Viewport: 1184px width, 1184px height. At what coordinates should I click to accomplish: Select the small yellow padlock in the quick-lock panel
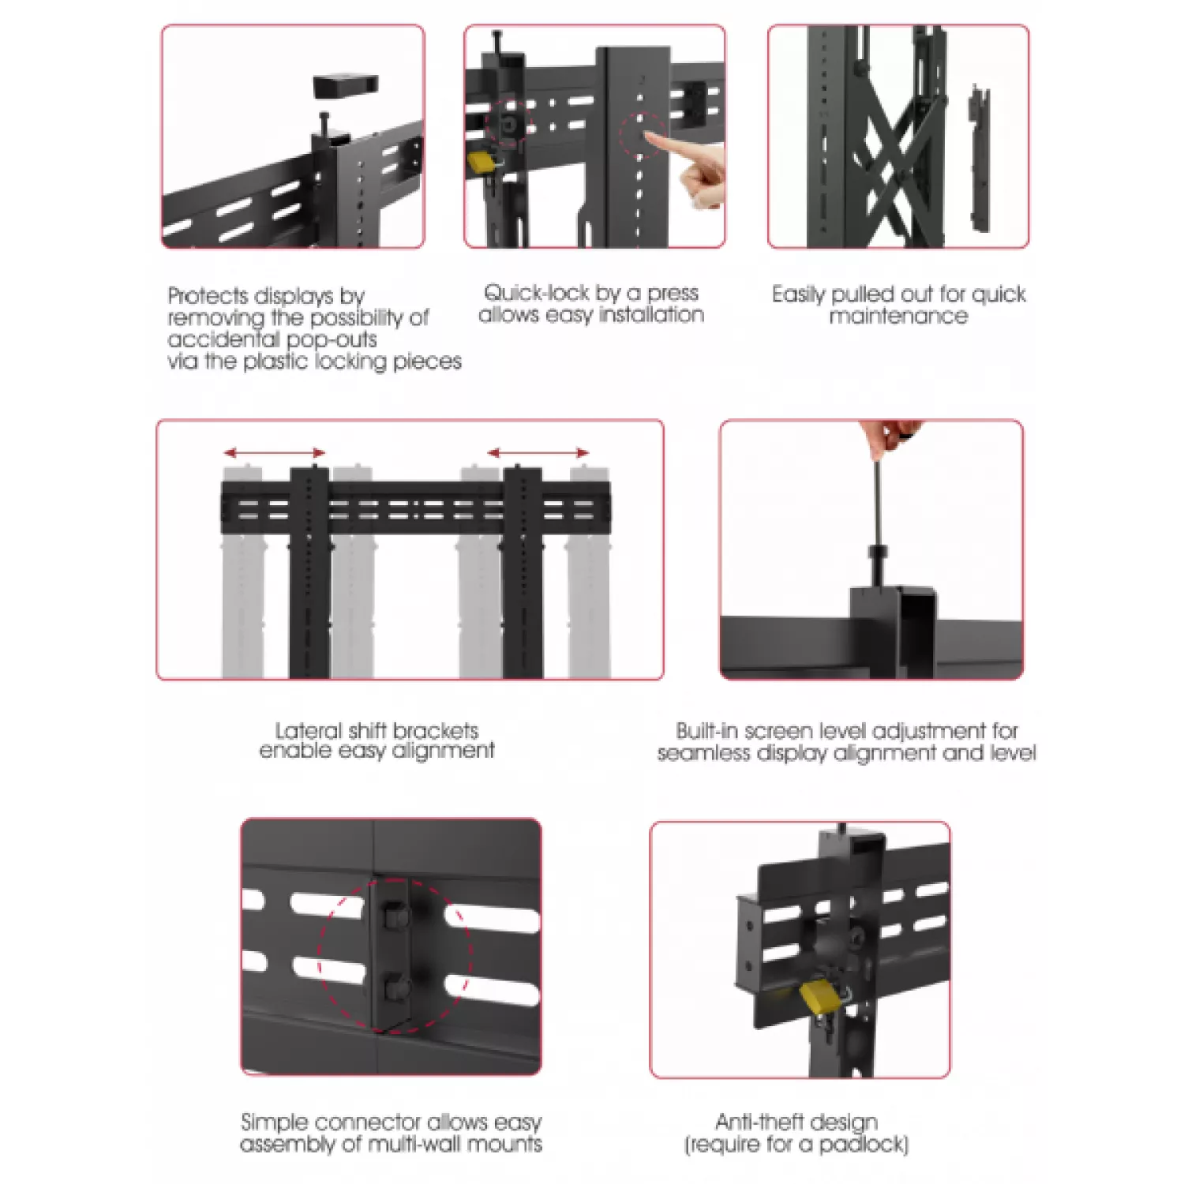(x=481, y=162)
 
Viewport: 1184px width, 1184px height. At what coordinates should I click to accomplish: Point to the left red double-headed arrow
(x=275, y=452)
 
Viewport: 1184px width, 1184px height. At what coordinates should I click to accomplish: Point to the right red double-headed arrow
(x=538, y=452)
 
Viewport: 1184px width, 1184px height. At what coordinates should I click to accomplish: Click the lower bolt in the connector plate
(x=392, y=988)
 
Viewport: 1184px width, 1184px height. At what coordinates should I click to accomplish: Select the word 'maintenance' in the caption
(x=898, y=316)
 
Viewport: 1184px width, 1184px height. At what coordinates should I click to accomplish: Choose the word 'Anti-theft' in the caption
(x=755, y=1122)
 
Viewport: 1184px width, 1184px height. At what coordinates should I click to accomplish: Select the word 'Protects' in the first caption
(x=208, y=296)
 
